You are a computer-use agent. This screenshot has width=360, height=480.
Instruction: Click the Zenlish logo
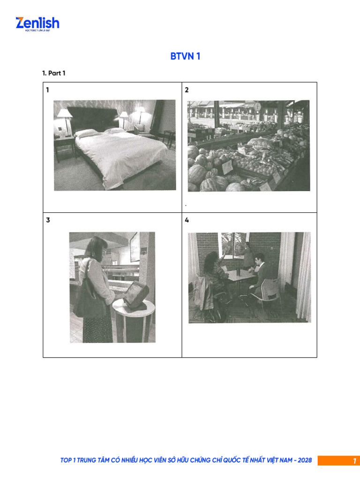(x=37, y=23)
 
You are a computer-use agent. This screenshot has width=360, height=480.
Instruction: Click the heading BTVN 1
(x=185, y=57)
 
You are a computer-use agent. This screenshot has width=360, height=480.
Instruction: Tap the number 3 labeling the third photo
(x=48, y=220)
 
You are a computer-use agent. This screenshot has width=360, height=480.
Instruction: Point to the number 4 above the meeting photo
(x=187, y=220)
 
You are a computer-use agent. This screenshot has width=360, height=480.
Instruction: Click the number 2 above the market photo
(x=187, y=90)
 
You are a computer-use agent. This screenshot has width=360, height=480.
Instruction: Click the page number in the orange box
(x=354, y=461)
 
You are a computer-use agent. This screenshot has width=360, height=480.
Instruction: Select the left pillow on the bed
(x=85, y=133)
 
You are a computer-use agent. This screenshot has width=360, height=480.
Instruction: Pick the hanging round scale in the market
(x=257, y=107)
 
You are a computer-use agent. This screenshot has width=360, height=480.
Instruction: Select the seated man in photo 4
(x=259, y=277)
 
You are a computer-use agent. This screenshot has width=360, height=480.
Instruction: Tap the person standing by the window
(x=247, y=255)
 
